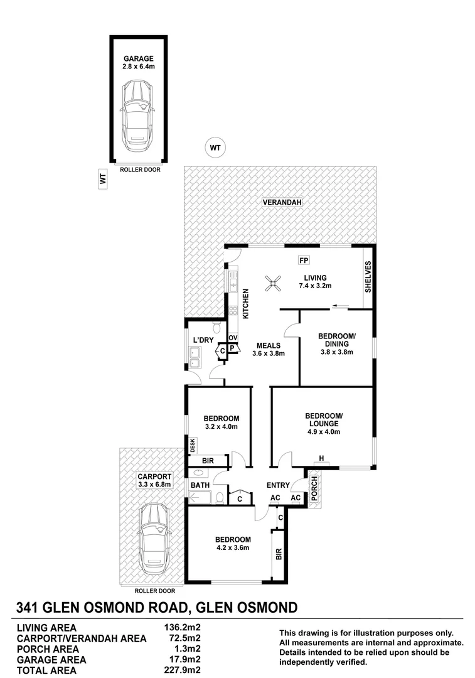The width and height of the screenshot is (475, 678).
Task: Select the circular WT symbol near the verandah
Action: [x=215, y=148]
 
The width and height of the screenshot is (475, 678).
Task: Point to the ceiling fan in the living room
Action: [x=274, y=284]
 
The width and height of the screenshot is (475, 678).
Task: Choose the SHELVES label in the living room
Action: [x=368, y=277]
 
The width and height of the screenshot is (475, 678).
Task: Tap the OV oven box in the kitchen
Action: [x=232, y=337]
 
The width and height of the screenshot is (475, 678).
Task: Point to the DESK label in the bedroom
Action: [x=193, y=445]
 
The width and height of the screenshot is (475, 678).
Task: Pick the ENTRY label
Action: [x=277, y=485]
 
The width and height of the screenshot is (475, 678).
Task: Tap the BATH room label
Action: [x=200, y=485]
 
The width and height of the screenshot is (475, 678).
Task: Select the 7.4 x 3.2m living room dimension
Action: [x=314, y=286]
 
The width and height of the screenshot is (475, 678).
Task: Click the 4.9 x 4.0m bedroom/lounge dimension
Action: [x=323, y=431]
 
